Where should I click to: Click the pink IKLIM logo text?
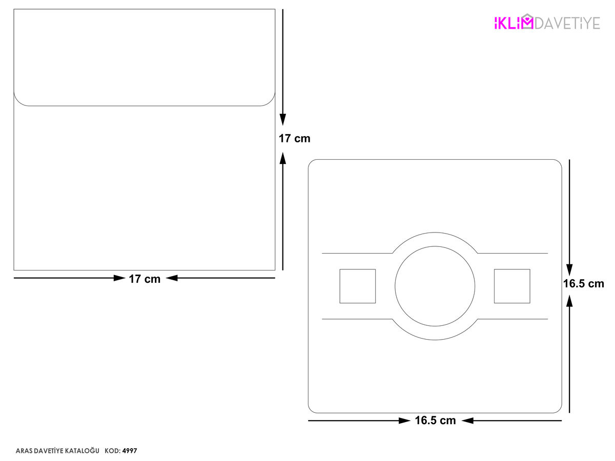coord(514,23)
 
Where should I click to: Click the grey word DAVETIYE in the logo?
coord(567,23)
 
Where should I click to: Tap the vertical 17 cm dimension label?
coord(295,138)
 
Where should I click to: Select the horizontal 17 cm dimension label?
coord(145,279)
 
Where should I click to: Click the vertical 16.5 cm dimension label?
coord(584,284)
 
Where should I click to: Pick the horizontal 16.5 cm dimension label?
coord(435,421)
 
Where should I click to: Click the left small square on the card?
coord(358,286)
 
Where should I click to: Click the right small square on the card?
coord(512,286)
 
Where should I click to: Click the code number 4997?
coord(130,451)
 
